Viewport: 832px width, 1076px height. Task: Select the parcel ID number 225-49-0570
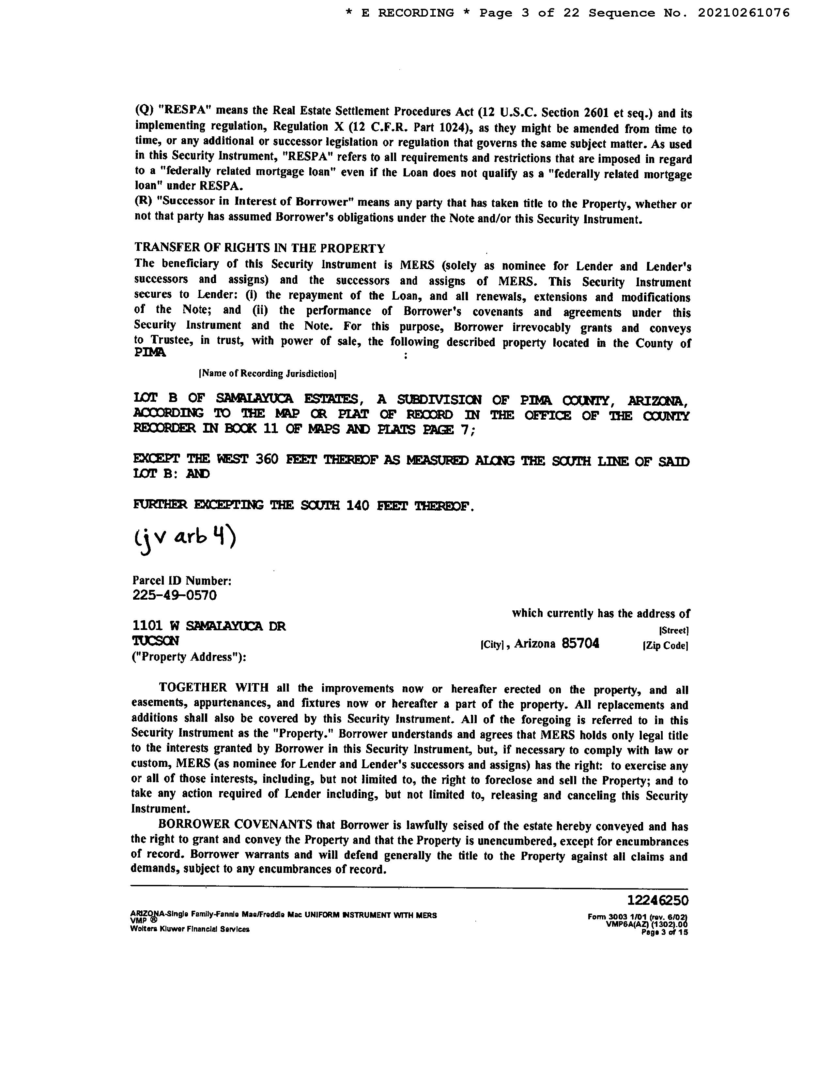175,596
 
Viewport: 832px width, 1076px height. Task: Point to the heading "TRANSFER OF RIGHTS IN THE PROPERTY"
260,248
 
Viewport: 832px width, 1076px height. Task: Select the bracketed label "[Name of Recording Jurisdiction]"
267,374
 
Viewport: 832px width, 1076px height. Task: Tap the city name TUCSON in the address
156,641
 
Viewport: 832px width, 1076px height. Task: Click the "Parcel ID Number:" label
182,581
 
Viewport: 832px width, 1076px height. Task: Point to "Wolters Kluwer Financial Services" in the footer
190,929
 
